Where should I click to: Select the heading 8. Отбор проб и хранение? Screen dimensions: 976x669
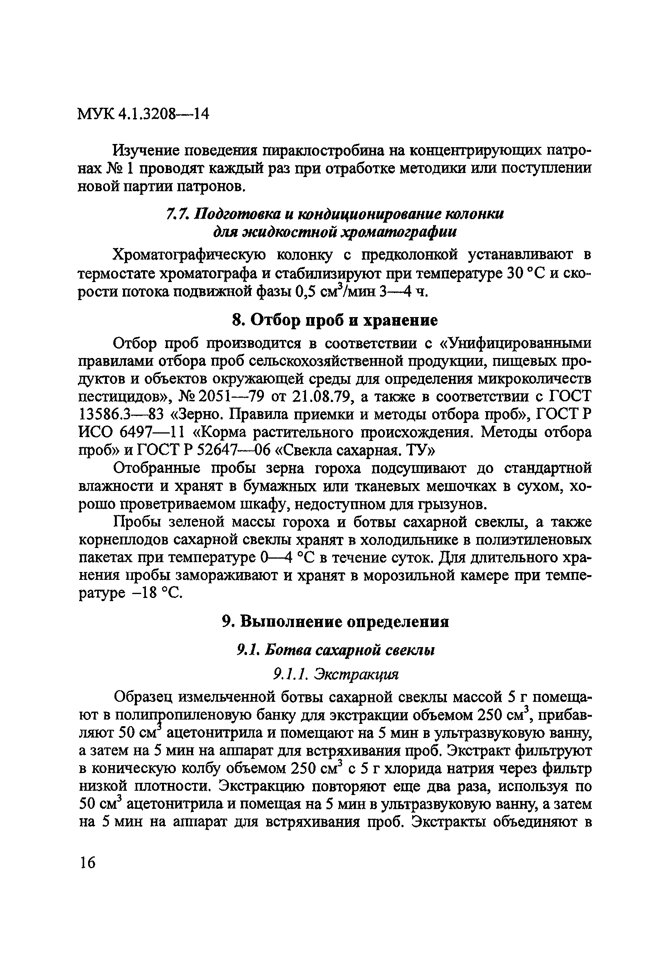click(x=335, y=321)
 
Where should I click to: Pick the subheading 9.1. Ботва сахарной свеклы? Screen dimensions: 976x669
click(x=335, y=650)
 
